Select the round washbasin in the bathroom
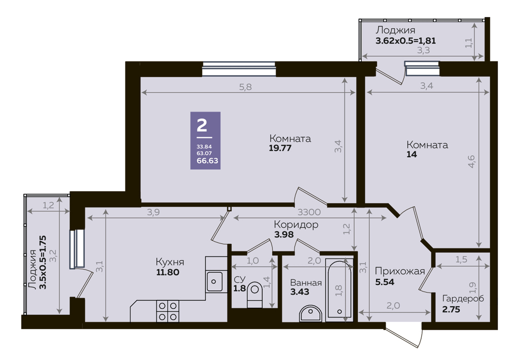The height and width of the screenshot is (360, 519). [310, 313]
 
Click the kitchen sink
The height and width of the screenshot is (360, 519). [214, 281]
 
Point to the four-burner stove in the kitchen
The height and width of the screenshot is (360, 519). [167, 311]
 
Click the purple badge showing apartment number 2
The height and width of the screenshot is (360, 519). [205, 140]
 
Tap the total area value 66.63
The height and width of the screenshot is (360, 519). [207, 161]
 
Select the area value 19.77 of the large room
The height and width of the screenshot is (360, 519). [280, 148]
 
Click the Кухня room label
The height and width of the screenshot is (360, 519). [170, 262]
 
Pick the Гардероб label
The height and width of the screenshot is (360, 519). [463, 299]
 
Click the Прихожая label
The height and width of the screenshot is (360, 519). [400, 272]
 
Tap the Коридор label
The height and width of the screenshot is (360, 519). [296, 225]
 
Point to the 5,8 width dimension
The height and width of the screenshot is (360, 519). [246, 87]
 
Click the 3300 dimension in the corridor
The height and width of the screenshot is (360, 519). [309, 212]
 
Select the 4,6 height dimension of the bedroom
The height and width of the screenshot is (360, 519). [471, 161]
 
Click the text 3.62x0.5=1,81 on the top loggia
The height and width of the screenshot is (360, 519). [405, 41]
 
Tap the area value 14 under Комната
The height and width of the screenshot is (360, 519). [412, 154]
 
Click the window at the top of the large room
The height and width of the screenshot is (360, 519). [239, 69]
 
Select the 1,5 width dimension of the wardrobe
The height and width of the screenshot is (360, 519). [461, 259]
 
